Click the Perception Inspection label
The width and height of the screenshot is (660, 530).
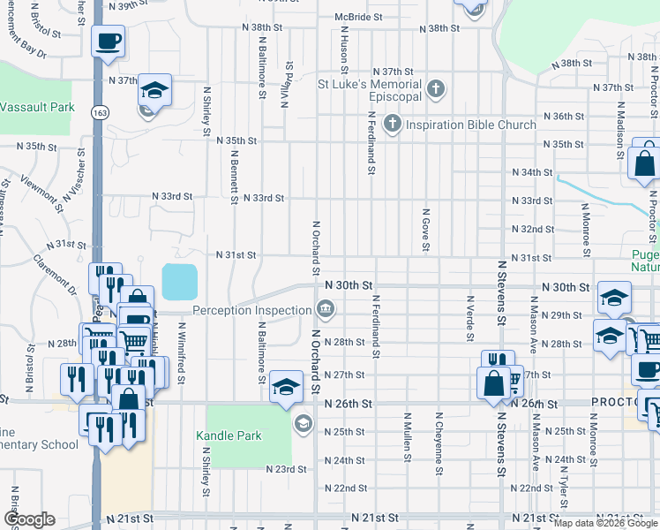251,310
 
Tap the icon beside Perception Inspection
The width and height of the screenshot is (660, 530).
325,308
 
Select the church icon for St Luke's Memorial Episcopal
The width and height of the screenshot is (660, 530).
435,88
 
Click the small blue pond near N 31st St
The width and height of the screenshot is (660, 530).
180,282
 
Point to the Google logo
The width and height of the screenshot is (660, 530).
29,519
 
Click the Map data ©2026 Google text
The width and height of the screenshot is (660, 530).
605,523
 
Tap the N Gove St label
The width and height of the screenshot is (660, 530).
425,230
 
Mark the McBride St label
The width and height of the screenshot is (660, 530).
358,17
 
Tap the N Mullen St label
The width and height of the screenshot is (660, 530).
407,436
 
